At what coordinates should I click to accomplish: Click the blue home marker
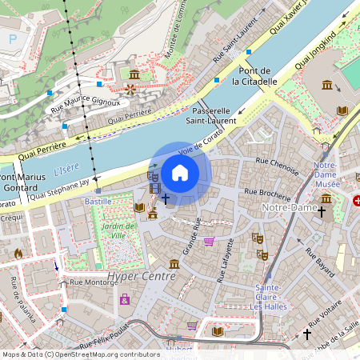tap(180, 173)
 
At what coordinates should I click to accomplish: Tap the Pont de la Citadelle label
tap(254, 76)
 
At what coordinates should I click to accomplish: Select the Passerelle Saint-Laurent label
tap(211, 115)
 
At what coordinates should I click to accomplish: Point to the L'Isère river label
tap(67, 170)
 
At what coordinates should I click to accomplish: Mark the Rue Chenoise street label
tap(277, 166)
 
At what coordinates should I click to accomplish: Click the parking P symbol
tap(12, 38)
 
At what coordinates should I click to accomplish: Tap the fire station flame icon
tap(18, 253)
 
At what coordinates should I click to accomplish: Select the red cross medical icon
tap(356, 200)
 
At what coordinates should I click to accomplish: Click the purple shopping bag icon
tap(124, 299)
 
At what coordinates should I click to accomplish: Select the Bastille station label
tap(98, 202)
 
